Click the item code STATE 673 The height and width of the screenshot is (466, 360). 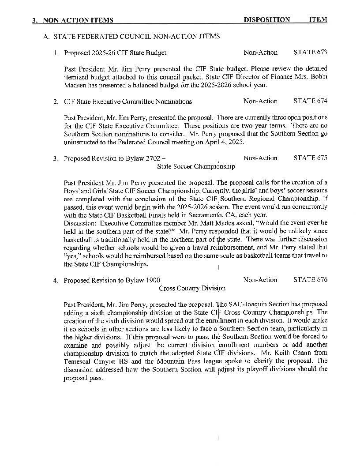click(x=310, y=53)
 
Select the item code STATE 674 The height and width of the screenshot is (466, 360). click(x=310, y=101)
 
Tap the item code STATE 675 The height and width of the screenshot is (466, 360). click(x=310, y=158)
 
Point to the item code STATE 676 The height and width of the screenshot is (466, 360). click(x=310, y=280)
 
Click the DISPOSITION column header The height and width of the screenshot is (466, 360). click(x=266, y=20)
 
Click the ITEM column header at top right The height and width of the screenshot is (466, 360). click(x=318, y=20)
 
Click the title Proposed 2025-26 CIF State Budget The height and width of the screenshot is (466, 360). click(x=115, y=53)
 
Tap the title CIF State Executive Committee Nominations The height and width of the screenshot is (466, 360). click(x=128, y=101)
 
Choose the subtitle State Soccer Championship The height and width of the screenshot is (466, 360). click(x=196, y=166)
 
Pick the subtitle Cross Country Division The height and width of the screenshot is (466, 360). click(x=192, y=288)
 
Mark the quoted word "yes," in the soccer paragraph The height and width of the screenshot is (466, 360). click(x=72, y=256)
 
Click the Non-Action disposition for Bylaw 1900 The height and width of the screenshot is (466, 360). click(x=260, y=280)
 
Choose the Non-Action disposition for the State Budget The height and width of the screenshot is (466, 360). click(x=260, y=53)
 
